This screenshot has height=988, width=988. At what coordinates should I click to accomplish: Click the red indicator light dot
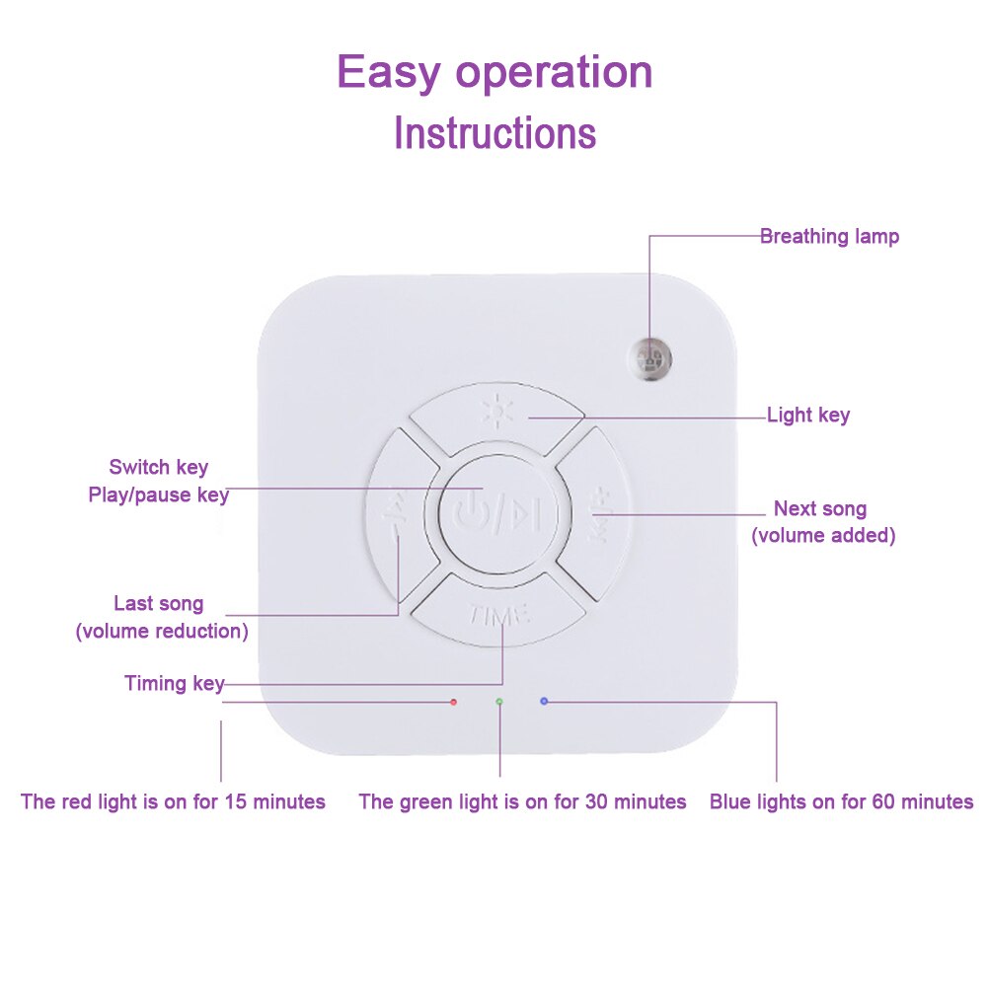coord(453,702)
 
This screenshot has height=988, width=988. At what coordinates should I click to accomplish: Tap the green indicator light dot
coord(499,702)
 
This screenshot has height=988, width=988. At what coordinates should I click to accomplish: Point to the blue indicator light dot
coord(544,701)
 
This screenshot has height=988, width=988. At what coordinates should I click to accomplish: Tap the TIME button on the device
coord(499,612)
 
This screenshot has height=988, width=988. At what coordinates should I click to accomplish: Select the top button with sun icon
coord(496,414)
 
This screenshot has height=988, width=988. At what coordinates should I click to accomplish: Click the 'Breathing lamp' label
coord(829,237)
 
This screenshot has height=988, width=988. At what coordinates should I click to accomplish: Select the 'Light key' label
coord(807,416)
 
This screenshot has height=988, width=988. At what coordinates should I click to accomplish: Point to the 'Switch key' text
coord(158,467)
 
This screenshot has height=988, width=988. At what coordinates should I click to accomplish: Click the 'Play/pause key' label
coord(158,494)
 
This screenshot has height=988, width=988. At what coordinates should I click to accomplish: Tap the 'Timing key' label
coord(174,683)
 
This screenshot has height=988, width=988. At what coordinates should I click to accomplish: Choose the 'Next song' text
coord(820,509)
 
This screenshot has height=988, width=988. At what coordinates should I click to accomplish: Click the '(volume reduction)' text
coord(162,631)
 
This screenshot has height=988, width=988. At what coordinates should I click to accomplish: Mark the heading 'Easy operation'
coord(494,72)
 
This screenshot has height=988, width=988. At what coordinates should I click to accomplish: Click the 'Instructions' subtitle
coord(494,132)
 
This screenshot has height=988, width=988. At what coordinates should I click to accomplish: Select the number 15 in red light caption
coord(236,801)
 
